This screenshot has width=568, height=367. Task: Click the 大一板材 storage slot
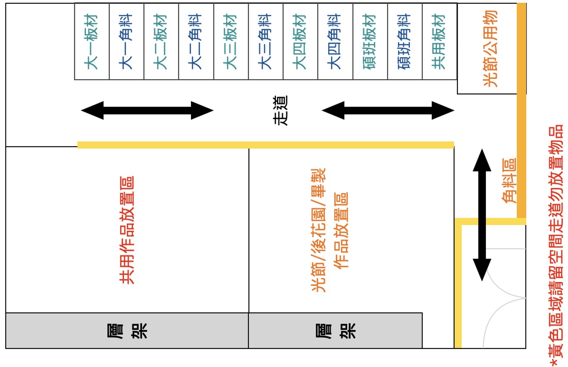(92, 41)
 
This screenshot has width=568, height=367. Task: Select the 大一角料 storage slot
(126, 41)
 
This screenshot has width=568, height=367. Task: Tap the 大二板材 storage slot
(161, 41)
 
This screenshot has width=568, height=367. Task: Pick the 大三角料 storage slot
(266, 41)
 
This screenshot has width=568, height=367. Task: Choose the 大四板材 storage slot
(300, 41)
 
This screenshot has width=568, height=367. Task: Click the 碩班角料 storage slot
(405, 41)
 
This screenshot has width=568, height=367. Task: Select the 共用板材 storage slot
(440, 41)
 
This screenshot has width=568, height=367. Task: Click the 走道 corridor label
(280, 111)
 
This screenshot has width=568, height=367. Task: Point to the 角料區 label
(509, 180)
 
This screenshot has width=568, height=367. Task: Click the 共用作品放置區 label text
(127, 230)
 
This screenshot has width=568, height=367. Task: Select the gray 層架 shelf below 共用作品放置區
(127, 330)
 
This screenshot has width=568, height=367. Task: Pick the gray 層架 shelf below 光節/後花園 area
(335, 330)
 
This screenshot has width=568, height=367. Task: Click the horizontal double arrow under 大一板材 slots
(147, 110)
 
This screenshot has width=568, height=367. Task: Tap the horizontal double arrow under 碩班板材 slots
(388, 110)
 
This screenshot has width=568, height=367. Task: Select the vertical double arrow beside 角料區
(482, 215)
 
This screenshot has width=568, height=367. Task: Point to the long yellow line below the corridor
(266, 145)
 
